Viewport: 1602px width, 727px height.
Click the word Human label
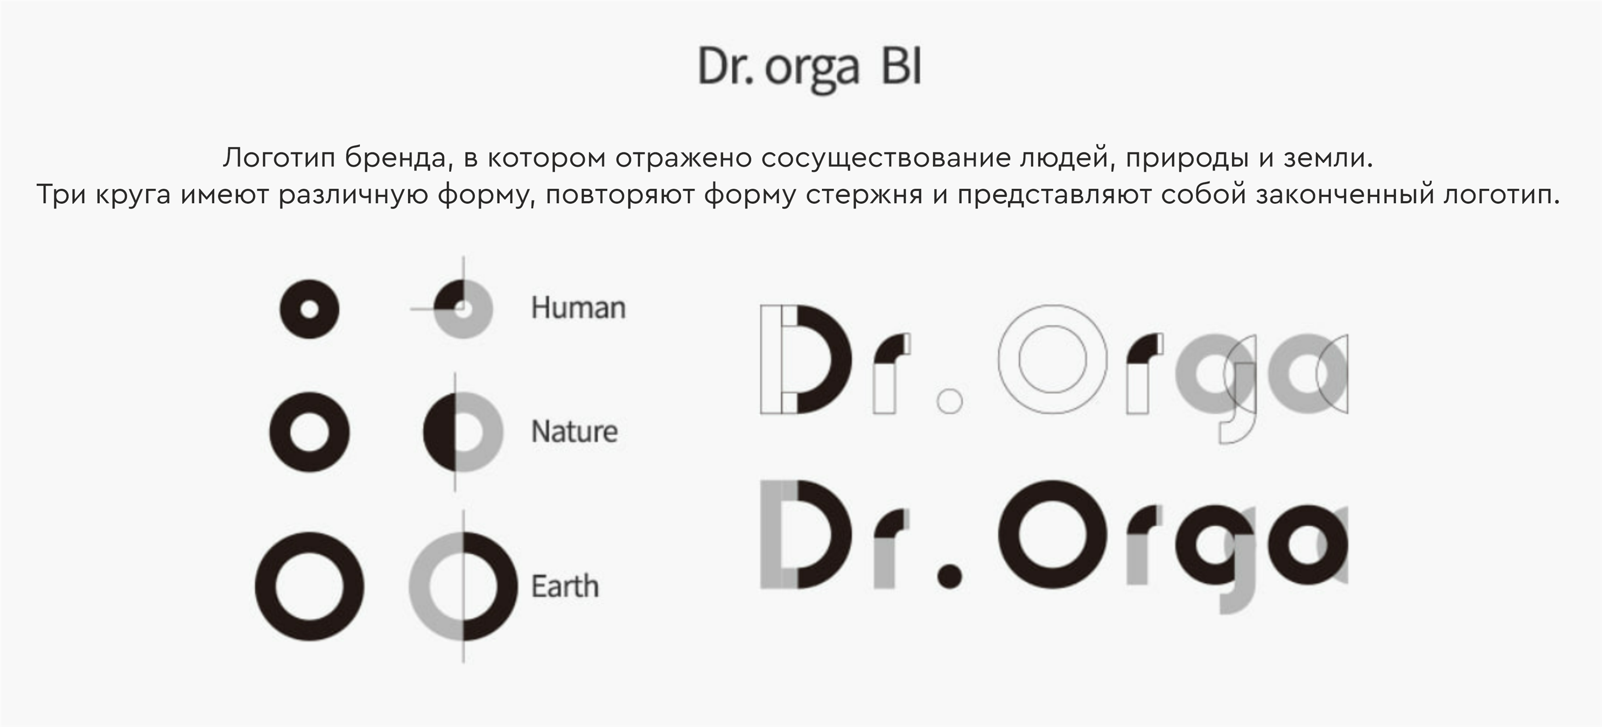coord(578,308)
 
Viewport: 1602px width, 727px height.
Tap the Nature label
coord(575,431)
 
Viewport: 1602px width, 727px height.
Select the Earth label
coord(564,587)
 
